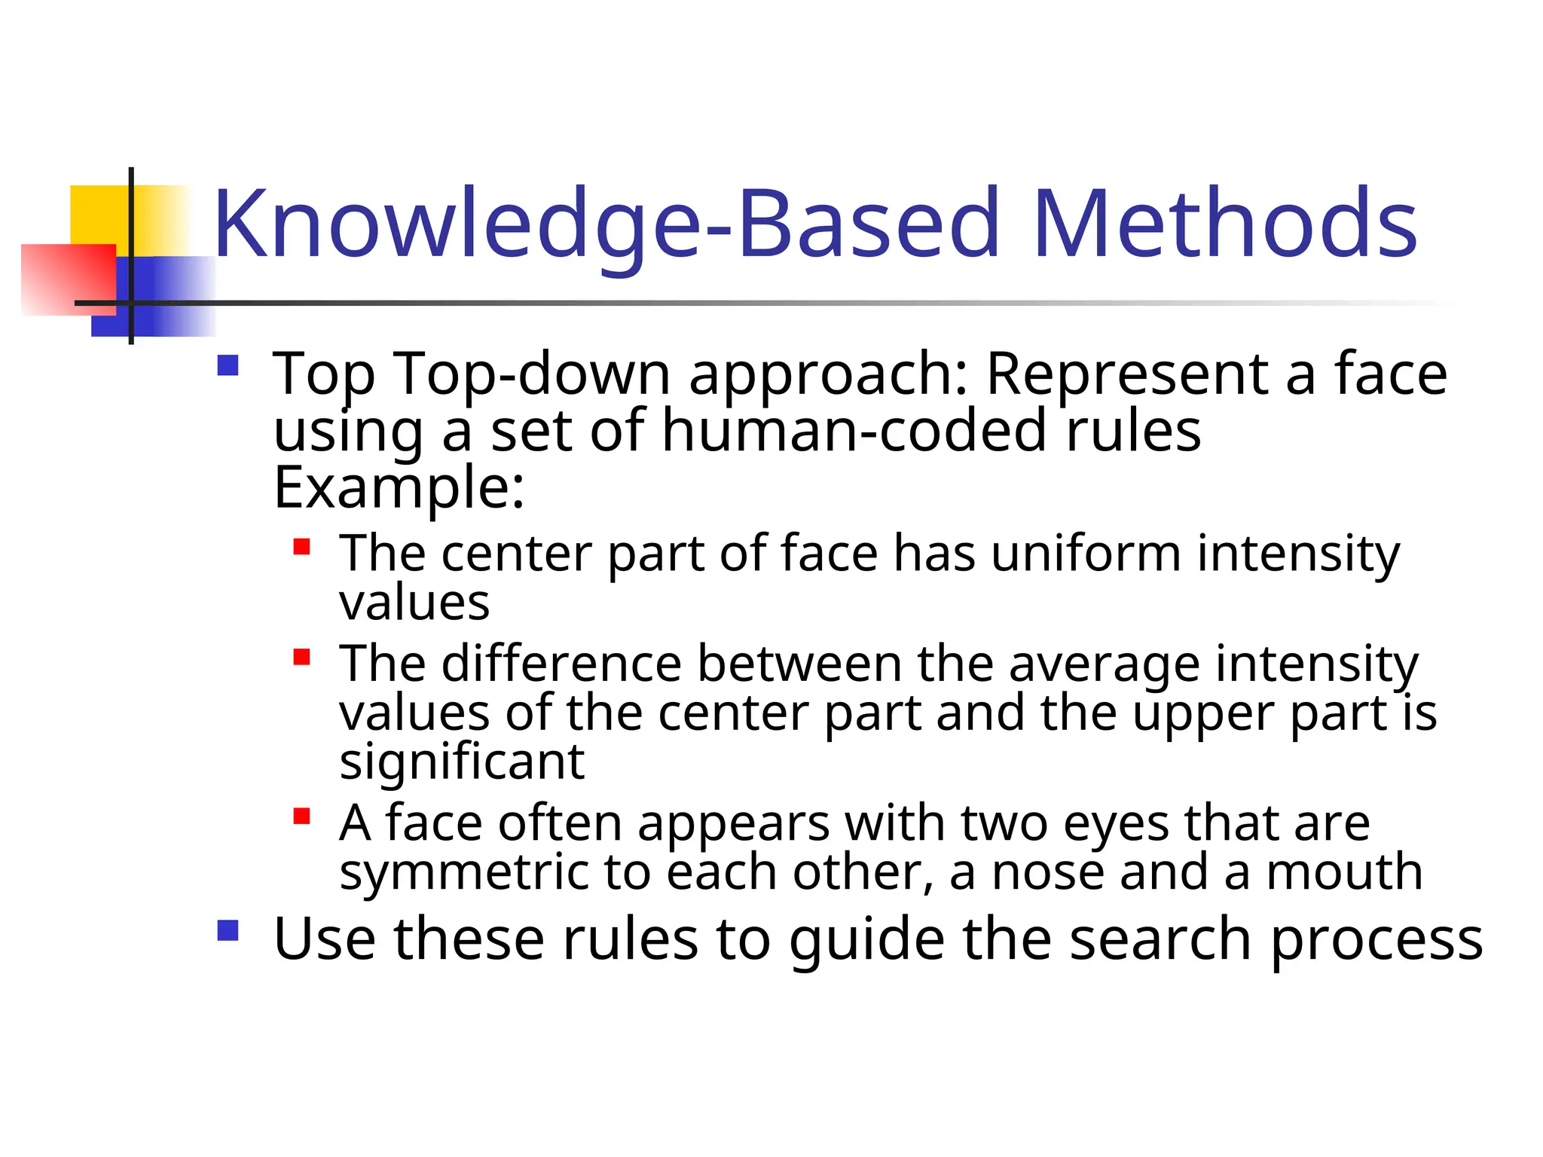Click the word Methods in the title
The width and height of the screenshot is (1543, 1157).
(1225, 224)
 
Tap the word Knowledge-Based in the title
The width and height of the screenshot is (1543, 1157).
(607, 224)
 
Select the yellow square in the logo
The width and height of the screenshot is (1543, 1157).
(98, 215)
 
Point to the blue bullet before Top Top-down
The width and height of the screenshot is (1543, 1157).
(228, 366)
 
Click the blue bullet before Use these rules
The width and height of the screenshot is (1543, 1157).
(228, 931)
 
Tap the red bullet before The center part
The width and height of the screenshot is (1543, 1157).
(302, 547)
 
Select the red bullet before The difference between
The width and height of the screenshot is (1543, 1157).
(302, 658)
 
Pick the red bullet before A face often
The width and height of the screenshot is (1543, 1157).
(302, 817)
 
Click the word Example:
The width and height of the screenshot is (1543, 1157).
(399, 488)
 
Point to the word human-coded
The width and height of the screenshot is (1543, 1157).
(855, 431)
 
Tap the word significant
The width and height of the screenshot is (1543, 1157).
(462, 762)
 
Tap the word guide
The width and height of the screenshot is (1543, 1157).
(866, 940)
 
